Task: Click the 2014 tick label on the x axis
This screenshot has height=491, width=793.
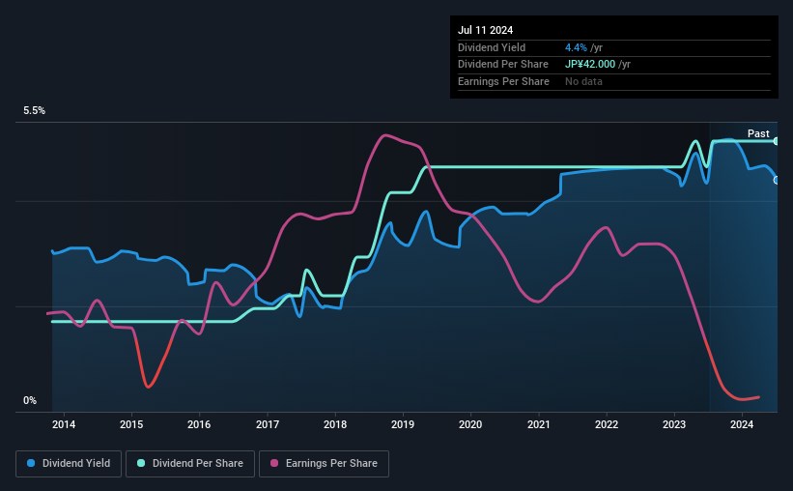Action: [64, 424]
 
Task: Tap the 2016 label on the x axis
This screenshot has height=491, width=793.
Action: [199, 424]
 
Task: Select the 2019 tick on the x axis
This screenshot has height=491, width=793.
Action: [403, 424]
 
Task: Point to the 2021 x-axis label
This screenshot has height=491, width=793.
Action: [539, 424]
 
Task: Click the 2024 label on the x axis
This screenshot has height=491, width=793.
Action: [742, 424]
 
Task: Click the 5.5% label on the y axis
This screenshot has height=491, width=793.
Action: [35, 111]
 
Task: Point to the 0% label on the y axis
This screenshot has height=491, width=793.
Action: [30, 400]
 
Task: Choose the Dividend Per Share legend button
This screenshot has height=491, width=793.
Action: [192, 464]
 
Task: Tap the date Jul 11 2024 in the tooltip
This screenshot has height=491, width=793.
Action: [485, 30]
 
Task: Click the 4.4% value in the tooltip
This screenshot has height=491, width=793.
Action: [576, 47]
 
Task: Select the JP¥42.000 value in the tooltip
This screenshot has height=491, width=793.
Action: [597, 64]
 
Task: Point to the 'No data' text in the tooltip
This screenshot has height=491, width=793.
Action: [584, 81]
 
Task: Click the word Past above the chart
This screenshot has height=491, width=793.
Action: [758, 133]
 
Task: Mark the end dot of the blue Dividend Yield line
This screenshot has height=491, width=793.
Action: [777, 180]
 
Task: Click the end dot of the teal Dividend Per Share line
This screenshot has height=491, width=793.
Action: [777, 141]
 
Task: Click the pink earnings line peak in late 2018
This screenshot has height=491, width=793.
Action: [385, 134]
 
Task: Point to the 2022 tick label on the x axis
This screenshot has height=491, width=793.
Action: [607, 424]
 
